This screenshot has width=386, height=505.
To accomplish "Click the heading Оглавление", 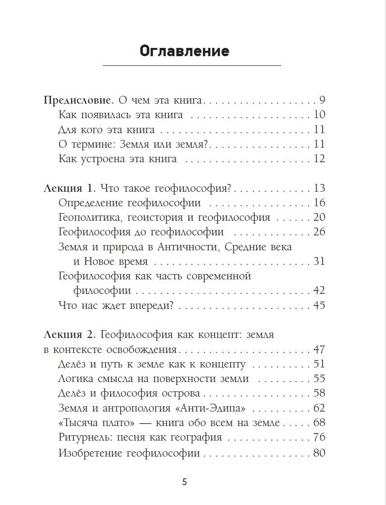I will point(184,51).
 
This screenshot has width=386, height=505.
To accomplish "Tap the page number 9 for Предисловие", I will point(322,101).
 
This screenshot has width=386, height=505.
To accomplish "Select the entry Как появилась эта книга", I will point(120,115).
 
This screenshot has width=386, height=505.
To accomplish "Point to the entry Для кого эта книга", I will point(106,130).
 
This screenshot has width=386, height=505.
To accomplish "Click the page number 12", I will point(319,159).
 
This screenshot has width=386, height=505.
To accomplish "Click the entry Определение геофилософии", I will point(129,203).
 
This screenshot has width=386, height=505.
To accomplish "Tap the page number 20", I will point(319,218).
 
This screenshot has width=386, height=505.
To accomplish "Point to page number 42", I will point(319,291).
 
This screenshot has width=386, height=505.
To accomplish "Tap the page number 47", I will point(319,350).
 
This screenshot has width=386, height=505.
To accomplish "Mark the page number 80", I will point(319,453).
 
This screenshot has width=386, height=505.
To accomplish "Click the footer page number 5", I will point(184,482).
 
